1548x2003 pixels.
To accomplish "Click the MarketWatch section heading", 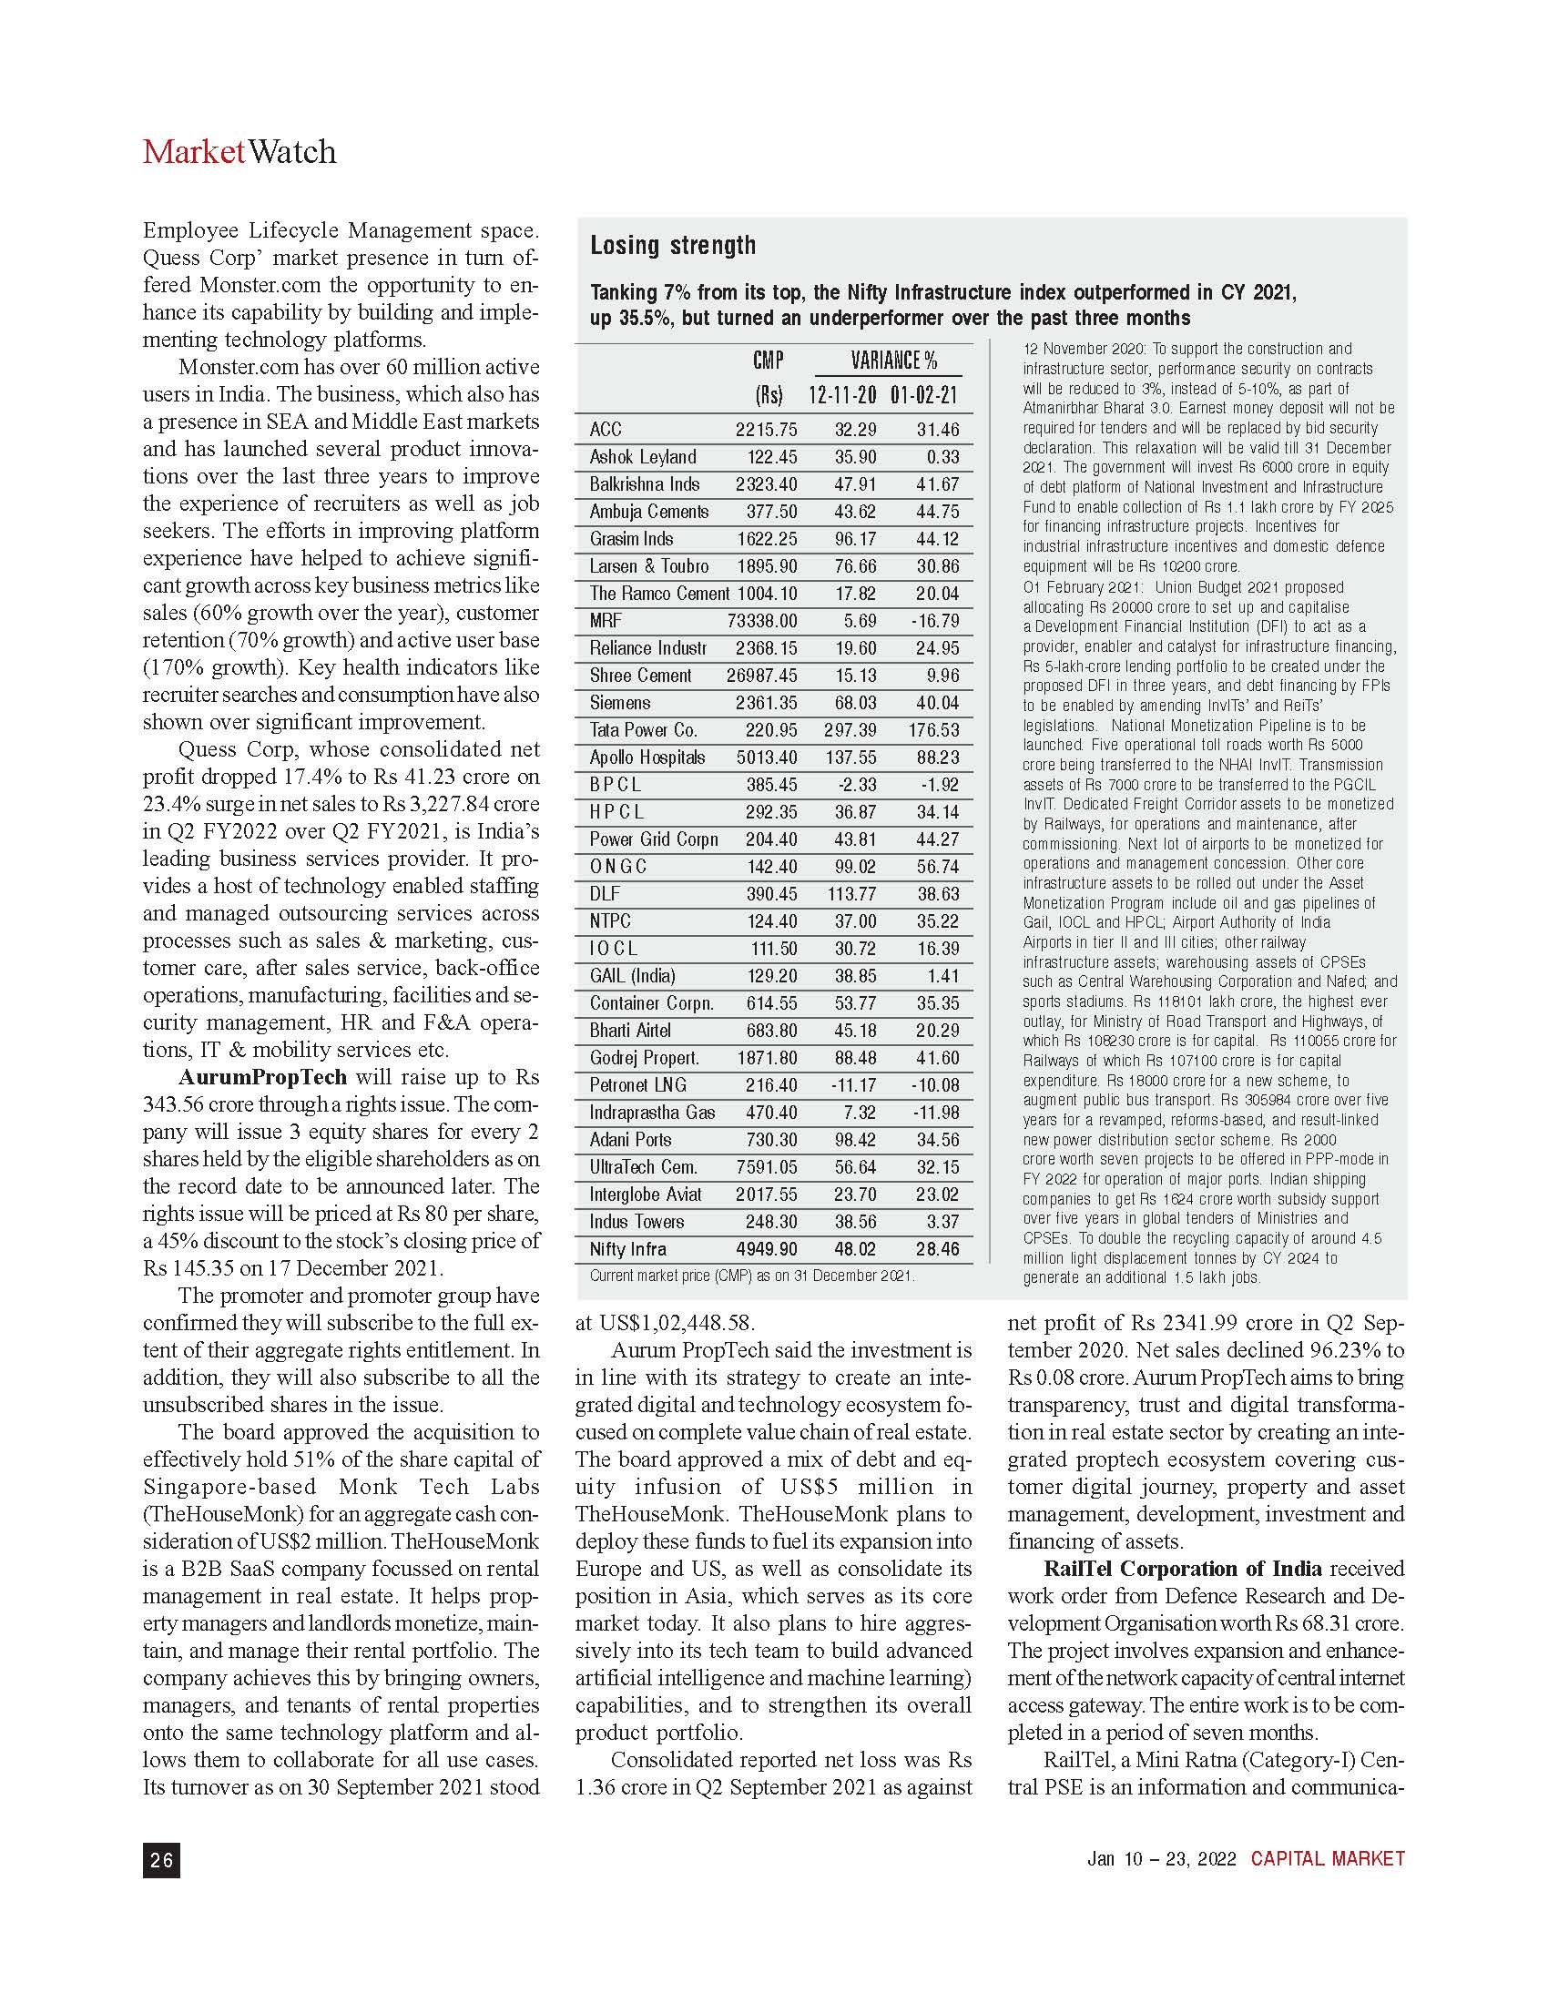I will point(239,151).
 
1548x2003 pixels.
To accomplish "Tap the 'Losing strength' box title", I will point(672,246).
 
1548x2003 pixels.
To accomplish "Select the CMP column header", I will point(768,361).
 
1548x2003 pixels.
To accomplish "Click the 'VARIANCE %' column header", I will point(893,361).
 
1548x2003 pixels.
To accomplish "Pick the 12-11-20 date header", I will point(842,396).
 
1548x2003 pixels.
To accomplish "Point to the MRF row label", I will point(606,621).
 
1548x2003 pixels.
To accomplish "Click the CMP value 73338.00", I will point(762,621).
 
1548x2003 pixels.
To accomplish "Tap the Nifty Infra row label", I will point(628,1249).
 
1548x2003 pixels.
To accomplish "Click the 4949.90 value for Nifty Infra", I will point(766,1249).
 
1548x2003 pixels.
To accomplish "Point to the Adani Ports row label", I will point(631,1140).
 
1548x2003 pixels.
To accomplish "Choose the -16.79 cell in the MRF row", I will point(934,621).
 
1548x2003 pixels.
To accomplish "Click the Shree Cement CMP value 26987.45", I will point(761,676).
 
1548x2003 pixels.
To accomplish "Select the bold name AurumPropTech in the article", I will point(262,1077).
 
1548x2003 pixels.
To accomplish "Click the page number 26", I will point(161,1859).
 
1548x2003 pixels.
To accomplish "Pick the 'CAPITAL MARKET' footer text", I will point(1327,1859).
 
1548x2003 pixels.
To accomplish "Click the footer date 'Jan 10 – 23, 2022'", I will point(1161,1859).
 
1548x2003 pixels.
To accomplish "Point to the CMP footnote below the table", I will point(752,1276).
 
